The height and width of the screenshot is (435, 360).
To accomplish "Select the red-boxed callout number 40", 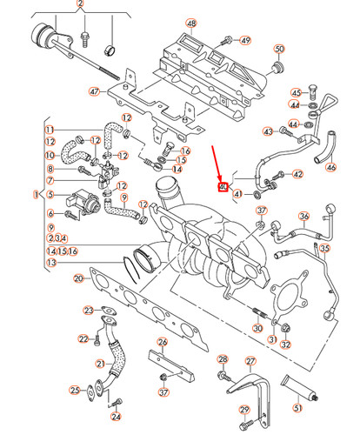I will [x=223, y=187].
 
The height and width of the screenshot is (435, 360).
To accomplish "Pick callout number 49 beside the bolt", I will [x=245, y=40].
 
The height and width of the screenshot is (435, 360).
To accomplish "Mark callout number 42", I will [x=297, y=174].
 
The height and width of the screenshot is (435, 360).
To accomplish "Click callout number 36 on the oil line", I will [x=303, y=217].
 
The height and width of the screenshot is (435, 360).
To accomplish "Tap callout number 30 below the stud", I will [x=257, y=328].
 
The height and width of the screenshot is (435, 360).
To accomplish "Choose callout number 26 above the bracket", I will [x=162, y=342].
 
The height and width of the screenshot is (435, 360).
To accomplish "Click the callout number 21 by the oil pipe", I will [x=99, y=364].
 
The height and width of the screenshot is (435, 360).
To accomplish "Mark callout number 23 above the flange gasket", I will [x=89, y=310].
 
